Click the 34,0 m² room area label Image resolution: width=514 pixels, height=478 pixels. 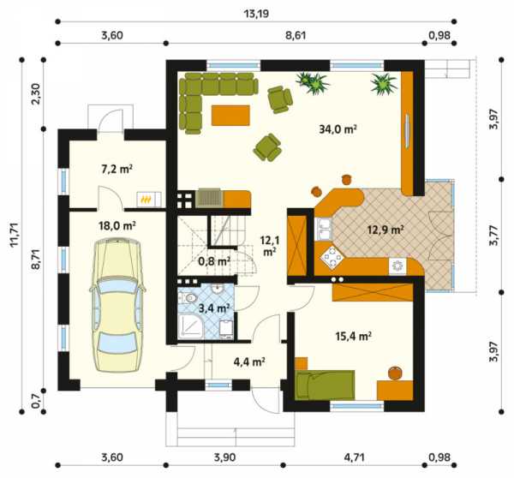pos(338,129)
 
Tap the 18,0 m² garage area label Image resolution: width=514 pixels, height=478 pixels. pos(117,225)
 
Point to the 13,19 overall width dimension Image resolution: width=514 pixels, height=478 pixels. pos(257,14)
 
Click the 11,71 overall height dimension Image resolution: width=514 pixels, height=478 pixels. pos(15,235)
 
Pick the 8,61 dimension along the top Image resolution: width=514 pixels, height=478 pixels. pos(296,35)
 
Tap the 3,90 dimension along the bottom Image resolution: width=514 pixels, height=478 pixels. pos(224,457)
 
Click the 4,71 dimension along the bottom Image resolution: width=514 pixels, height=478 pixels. pos(353,457)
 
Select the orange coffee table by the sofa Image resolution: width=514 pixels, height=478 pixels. pos(230,115)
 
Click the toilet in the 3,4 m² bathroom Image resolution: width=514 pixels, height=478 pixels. pos(187,298)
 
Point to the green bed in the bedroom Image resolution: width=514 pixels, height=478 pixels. pos(325,385)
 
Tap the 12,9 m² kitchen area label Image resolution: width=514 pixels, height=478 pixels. pos(385,230)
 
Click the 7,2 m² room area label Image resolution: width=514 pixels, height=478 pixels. pos(117,169)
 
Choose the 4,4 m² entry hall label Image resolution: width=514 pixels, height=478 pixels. pos(249,361)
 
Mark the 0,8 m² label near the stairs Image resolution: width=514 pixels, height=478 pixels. pos(214,261)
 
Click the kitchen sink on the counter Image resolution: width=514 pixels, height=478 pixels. pos(323,230)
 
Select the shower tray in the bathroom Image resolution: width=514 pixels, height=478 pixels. pos(191,326)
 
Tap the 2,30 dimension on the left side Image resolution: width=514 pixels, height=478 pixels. pos(36,93)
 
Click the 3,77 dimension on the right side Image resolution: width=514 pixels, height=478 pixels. pos(494,235)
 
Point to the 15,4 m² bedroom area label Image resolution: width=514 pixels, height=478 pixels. pos(353,336)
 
